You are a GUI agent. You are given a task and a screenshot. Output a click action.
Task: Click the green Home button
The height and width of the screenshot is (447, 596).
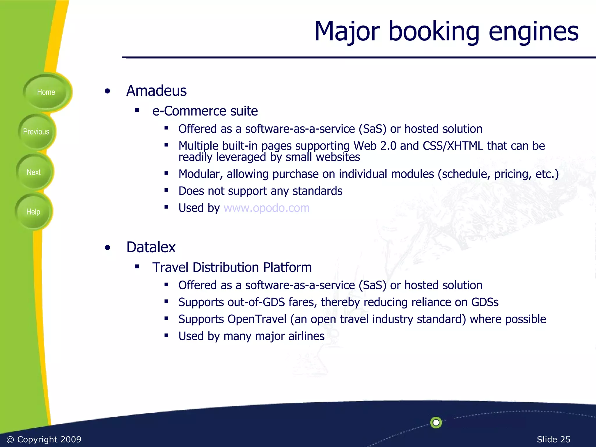point(46,92)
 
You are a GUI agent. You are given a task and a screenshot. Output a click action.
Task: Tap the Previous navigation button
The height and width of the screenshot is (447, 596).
point(36,132)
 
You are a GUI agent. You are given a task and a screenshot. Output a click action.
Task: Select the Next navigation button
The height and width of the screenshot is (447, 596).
point(34,172)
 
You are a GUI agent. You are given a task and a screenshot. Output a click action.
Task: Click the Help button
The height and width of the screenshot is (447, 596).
point(33,212)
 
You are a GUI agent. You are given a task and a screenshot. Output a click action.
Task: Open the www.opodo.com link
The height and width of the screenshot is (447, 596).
point(266,208)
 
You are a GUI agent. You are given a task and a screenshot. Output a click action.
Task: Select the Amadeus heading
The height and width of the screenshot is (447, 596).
point(157,91)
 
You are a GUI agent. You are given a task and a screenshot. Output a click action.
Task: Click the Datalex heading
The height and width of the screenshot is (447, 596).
point(151,247)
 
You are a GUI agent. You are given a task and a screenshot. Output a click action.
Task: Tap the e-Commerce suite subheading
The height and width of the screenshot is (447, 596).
point(205,111)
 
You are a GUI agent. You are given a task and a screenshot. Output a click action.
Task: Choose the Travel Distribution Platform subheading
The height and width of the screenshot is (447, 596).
point(232,267)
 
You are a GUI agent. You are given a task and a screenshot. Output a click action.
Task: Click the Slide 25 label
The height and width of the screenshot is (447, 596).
point(553,439)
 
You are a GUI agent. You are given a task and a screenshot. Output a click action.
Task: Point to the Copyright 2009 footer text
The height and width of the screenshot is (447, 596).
point(44,439)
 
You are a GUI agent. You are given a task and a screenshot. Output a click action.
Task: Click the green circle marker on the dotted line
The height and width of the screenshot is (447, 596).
point(436,423)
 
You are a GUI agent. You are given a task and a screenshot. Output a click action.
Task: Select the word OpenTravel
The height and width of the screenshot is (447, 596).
point(257,319)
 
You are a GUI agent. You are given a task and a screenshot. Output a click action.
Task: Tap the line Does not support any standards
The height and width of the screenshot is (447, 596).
point(260,191)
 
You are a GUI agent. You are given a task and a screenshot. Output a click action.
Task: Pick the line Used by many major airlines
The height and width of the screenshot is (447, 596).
point(251,336)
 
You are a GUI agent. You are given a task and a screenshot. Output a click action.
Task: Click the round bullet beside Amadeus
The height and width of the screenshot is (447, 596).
point(108,91)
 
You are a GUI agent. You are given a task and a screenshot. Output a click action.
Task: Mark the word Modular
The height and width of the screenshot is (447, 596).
point(201,174)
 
